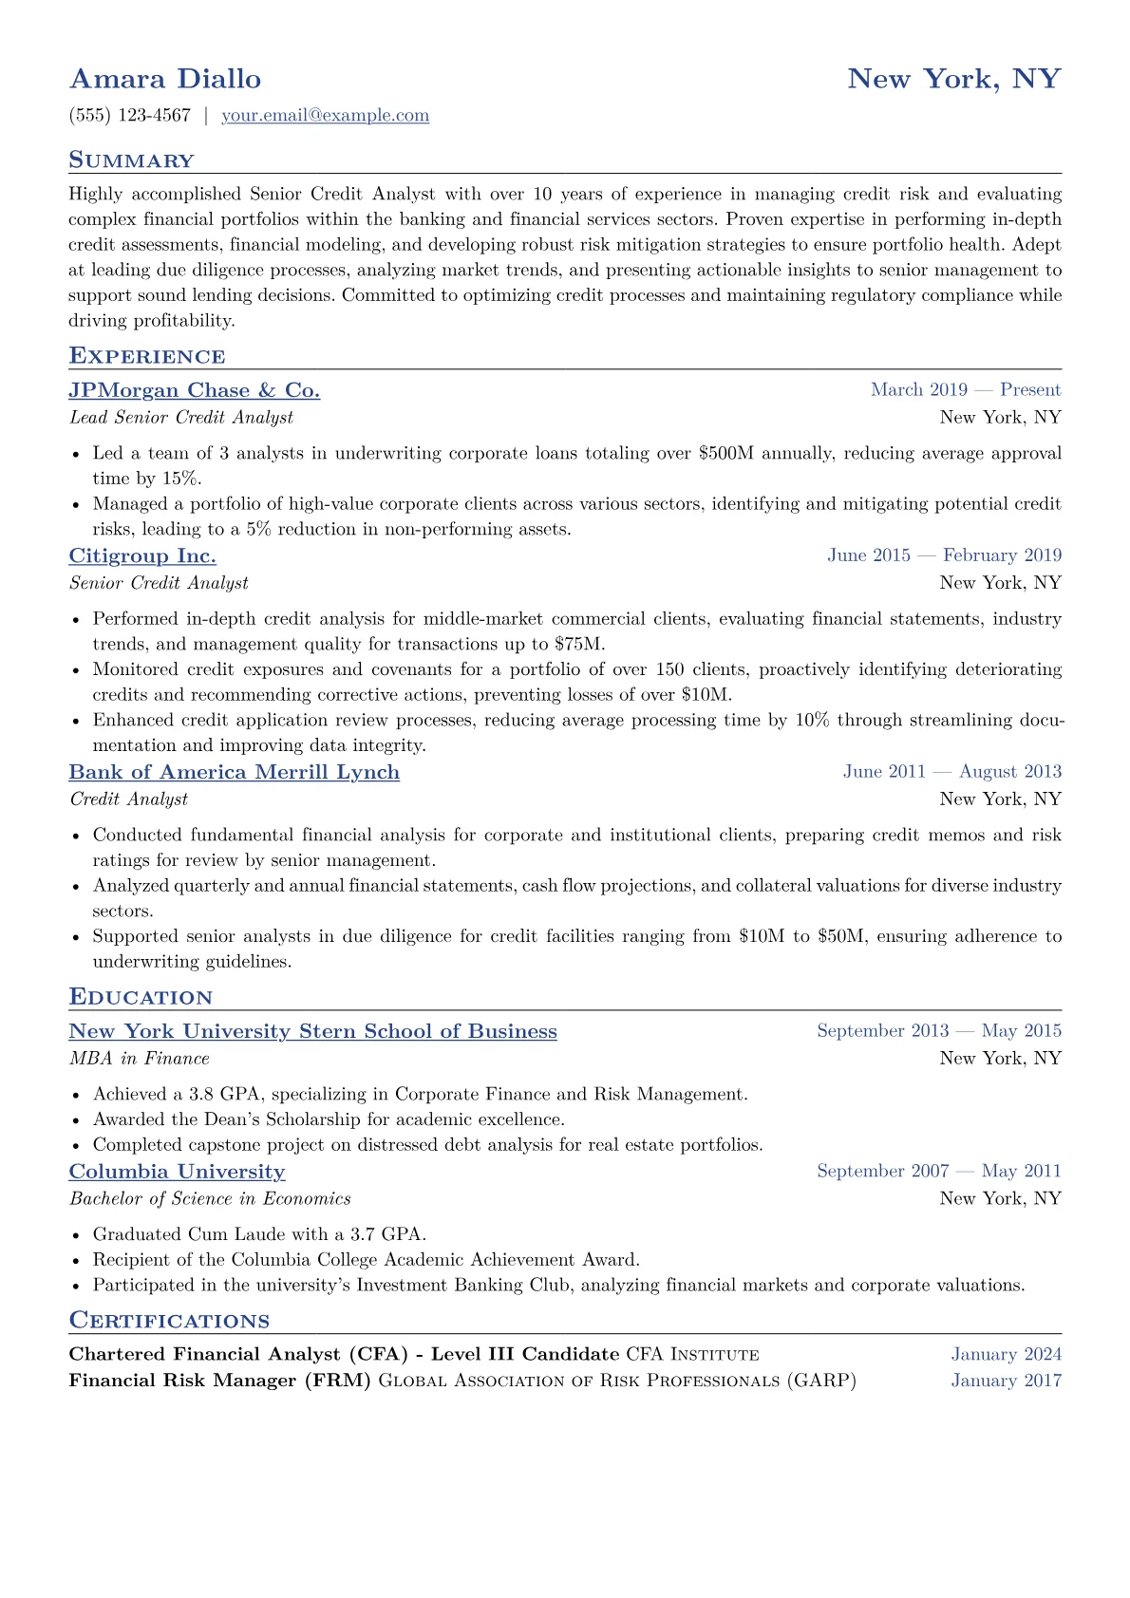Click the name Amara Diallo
point(165,79)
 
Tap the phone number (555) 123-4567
point(130,116)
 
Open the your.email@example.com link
point(325,116)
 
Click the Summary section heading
point(131,160)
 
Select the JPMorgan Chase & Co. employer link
point(195,390)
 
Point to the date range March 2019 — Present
point(965,390)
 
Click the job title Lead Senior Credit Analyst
point(181,418)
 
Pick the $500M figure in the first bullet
point(725,454)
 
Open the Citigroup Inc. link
point(142,555)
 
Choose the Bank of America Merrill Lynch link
point(235,772)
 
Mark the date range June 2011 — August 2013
point(951,772)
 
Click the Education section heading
point(141,997)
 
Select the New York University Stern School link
point(312,1031)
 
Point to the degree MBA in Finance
point(140,1059)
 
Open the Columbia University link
point(177,1172)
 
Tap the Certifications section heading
point(169,1321)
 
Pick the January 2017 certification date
point(1006,1381)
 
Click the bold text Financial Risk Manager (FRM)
point(219,1381)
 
